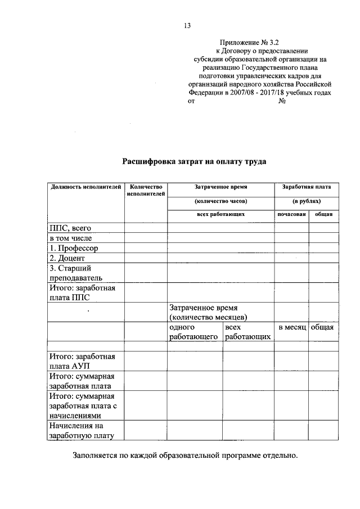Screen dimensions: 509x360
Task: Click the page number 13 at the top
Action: click(x=187, y=25)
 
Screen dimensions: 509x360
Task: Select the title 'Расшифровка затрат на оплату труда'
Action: click(x=194, y=161)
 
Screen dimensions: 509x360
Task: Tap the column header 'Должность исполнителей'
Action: click(x=85, y=187)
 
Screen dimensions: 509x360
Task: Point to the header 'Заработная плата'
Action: click(x=307, y=187)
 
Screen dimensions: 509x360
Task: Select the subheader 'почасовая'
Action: click(x=291, y=214)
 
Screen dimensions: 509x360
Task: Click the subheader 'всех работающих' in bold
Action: click(x=220, y=214)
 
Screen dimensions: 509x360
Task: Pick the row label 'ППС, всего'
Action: click(x=70, y=228)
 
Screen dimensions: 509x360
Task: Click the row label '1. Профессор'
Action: click(x=74, y=248)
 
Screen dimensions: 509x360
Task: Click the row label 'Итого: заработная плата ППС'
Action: click(x=82, y=292)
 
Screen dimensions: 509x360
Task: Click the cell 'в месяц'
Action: click(x=291, y=327)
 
